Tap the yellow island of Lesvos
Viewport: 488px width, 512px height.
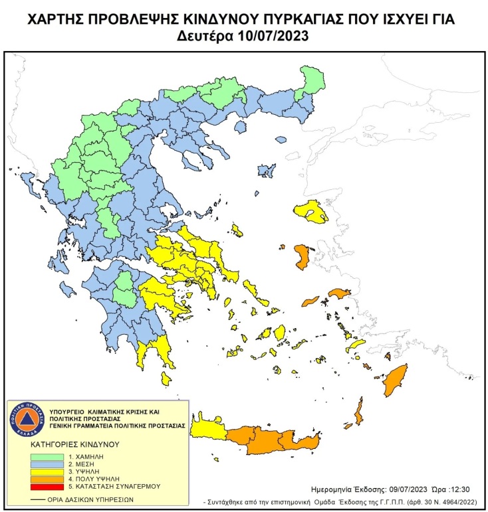pyautogui.click(x=311, y=212)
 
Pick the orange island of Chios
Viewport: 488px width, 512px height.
pyautogui.click(x=301, y=257)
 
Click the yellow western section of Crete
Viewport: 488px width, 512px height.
pyautogui.click(x=207, y=432)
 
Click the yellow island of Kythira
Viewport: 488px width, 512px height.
pyautogui.click(x=166, y=379)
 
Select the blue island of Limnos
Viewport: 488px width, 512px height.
pyautogui.click(x=267, y=171)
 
